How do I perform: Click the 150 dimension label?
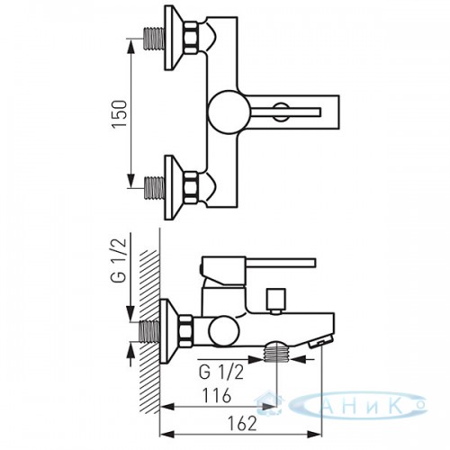pos(120,114)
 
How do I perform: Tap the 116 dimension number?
pos(217,395)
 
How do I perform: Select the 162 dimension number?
pos(242,424)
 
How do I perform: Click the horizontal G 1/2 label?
pos(221,373)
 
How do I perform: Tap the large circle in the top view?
pos(229,112)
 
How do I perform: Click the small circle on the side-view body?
pos(224,332)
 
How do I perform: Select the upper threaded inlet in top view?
pos(155,39)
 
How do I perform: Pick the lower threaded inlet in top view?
pos(155,188)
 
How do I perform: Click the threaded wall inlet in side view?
pos(149,331)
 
